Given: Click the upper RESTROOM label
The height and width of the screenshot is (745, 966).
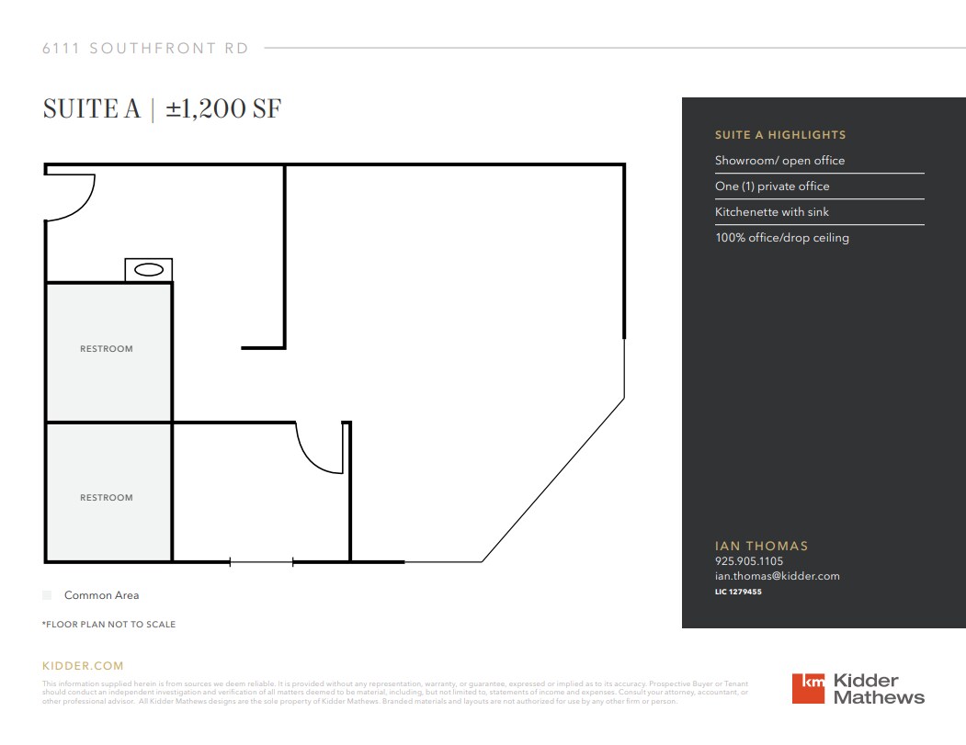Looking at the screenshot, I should tap(107, 349).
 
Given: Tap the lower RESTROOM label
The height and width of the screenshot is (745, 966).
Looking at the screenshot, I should tap(107, 498).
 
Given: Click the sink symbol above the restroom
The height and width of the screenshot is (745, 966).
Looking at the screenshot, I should tap(149, 270).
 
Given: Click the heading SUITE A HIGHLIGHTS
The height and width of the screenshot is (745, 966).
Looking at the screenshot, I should tap(780, 135).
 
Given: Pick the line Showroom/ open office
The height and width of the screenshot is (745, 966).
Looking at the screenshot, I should tap(779, 161).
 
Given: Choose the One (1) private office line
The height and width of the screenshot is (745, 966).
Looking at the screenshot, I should tap(772, 186).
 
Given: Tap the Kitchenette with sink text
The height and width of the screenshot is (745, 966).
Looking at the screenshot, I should tap(772, 212).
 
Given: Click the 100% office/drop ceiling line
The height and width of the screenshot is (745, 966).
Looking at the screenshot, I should tap(782, 238).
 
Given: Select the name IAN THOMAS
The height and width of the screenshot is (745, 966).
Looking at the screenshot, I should tap(762, 546).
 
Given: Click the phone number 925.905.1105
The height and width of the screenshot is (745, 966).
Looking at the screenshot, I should tap(749, 561).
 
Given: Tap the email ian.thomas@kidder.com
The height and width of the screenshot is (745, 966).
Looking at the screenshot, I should tap(778, 576).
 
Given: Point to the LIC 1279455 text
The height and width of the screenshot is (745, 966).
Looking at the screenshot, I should tap(738, 592).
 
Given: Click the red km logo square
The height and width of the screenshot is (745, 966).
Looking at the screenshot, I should tap(808, 689).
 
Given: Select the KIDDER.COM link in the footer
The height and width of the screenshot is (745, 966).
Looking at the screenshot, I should tap(83, 666).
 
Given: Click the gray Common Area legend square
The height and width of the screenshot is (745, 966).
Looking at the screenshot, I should tap(47, 595).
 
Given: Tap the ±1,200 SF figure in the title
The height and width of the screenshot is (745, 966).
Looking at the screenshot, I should tap(223, 109).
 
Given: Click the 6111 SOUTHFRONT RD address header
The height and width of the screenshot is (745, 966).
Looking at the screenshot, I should tap(145, 49).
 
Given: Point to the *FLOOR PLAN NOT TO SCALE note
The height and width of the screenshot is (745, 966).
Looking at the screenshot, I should tap(108, 625).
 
